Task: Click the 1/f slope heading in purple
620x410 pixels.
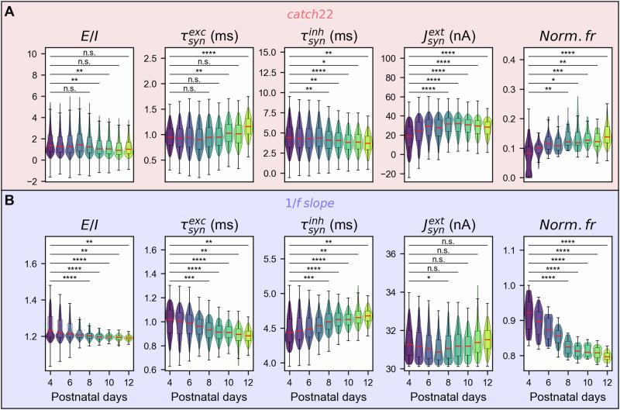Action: pyautogui.click(x=310, y=205)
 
